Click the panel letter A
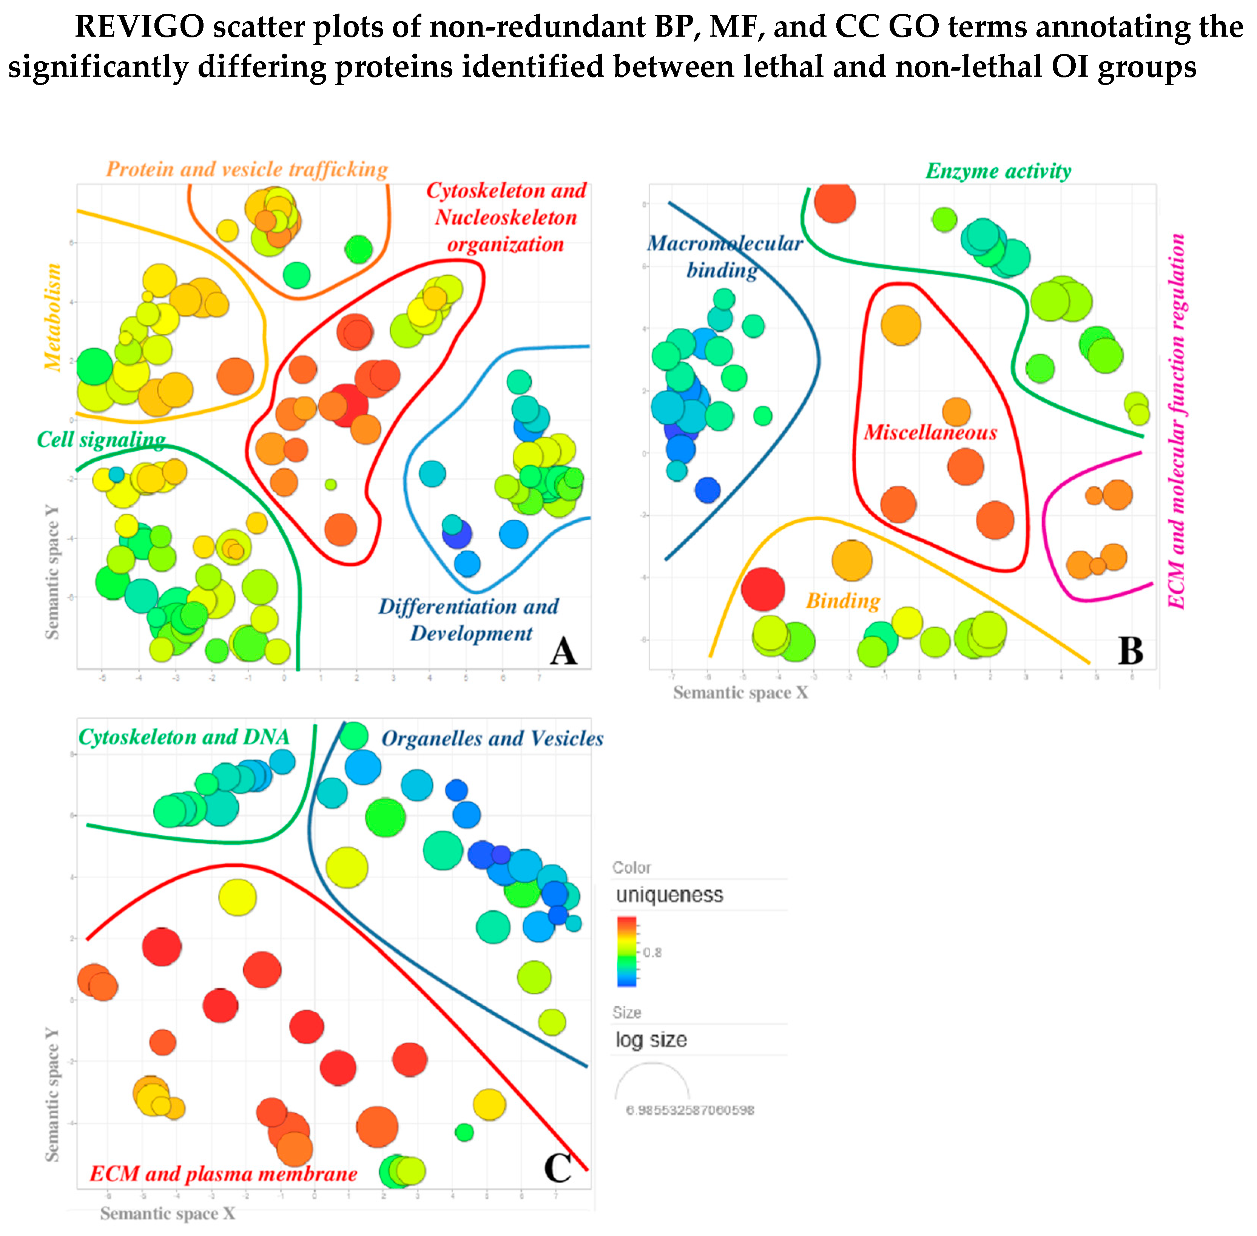[x=563, y=651]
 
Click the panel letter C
[x=557, y=1168]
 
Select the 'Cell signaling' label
[x=100, y=440]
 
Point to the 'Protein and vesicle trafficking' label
[x=247, y=170]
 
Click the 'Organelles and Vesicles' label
[x=492, y=738]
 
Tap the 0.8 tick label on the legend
[x=652, y=952]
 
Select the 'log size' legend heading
[x=651, y=1040]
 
